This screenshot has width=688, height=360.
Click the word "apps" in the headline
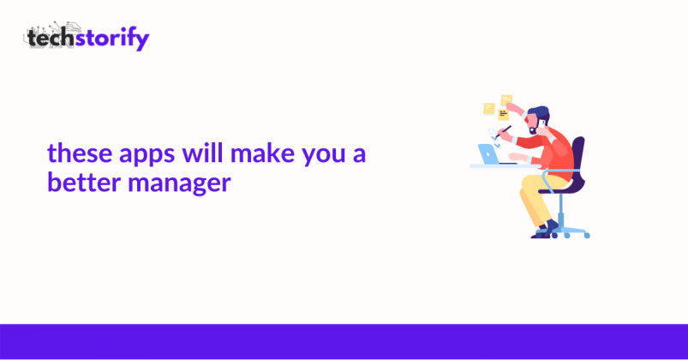tap(147, 155)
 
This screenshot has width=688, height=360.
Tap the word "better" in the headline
tap(84, 182)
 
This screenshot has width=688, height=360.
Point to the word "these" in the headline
tap(80, 153)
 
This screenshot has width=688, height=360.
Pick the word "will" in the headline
tap(203, 153)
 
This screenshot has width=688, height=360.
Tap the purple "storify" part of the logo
tap(112, 39)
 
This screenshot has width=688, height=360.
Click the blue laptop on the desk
tap(488, 153)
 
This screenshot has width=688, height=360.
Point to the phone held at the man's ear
tap(542, 123)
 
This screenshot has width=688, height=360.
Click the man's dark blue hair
tap(538, 112)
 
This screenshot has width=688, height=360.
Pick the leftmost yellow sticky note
tap(488, 109)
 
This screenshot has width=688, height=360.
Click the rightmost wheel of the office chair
tap(587, 236)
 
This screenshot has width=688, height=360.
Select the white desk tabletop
tap(505, 166)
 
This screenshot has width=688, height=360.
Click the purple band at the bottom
tap(344, 342)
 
